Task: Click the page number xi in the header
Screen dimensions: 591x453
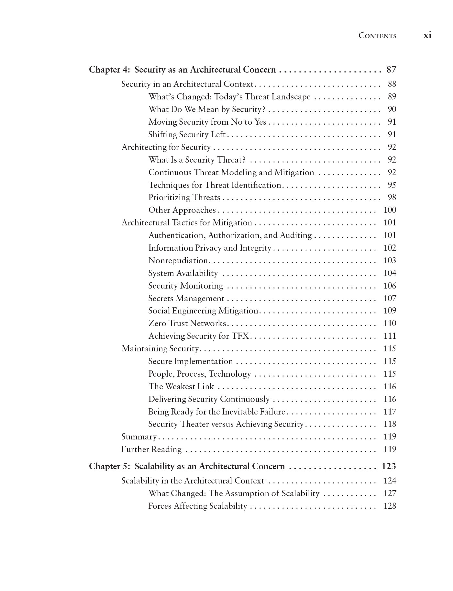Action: click(427, 35)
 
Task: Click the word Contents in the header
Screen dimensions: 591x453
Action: click(377, 36)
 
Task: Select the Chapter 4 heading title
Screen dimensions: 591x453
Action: click(182, 70)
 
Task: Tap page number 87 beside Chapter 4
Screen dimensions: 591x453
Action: click(391, 70)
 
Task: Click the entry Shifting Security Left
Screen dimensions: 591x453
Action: click(187, 135)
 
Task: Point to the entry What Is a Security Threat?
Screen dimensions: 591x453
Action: click(197, 160)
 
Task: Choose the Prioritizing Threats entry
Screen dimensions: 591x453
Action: click(184, 198)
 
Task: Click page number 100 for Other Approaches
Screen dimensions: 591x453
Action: click(390, 210)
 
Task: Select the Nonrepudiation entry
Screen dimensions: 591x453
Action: click(178, 261)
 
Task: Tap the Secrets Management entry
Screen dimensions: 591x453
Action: click(186, 299)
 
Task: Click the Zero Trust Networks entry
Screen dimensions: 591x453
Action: click(187, 324)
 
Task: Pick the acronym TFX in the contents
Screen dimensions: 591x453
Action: click(240, 336)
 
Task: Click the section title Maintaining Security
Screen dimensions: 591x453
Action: click(160, 349)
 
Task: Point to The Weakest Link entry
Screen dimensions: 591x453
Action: click(181, 387)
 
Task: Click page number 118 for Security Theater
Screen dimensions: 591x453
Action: click(390, 424)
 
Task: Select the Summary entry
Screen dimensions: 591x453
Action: click(139, 437)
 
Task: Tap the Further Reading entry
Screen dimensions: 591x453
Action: click(151, 449)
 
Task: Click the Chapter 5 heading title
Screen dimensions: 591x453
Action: click(187, 467)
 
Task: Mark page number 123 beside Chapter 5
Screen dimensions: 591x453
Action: click(389, 467)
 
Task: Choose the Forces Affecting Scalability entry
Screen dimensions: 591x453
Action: click(197, 506)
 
